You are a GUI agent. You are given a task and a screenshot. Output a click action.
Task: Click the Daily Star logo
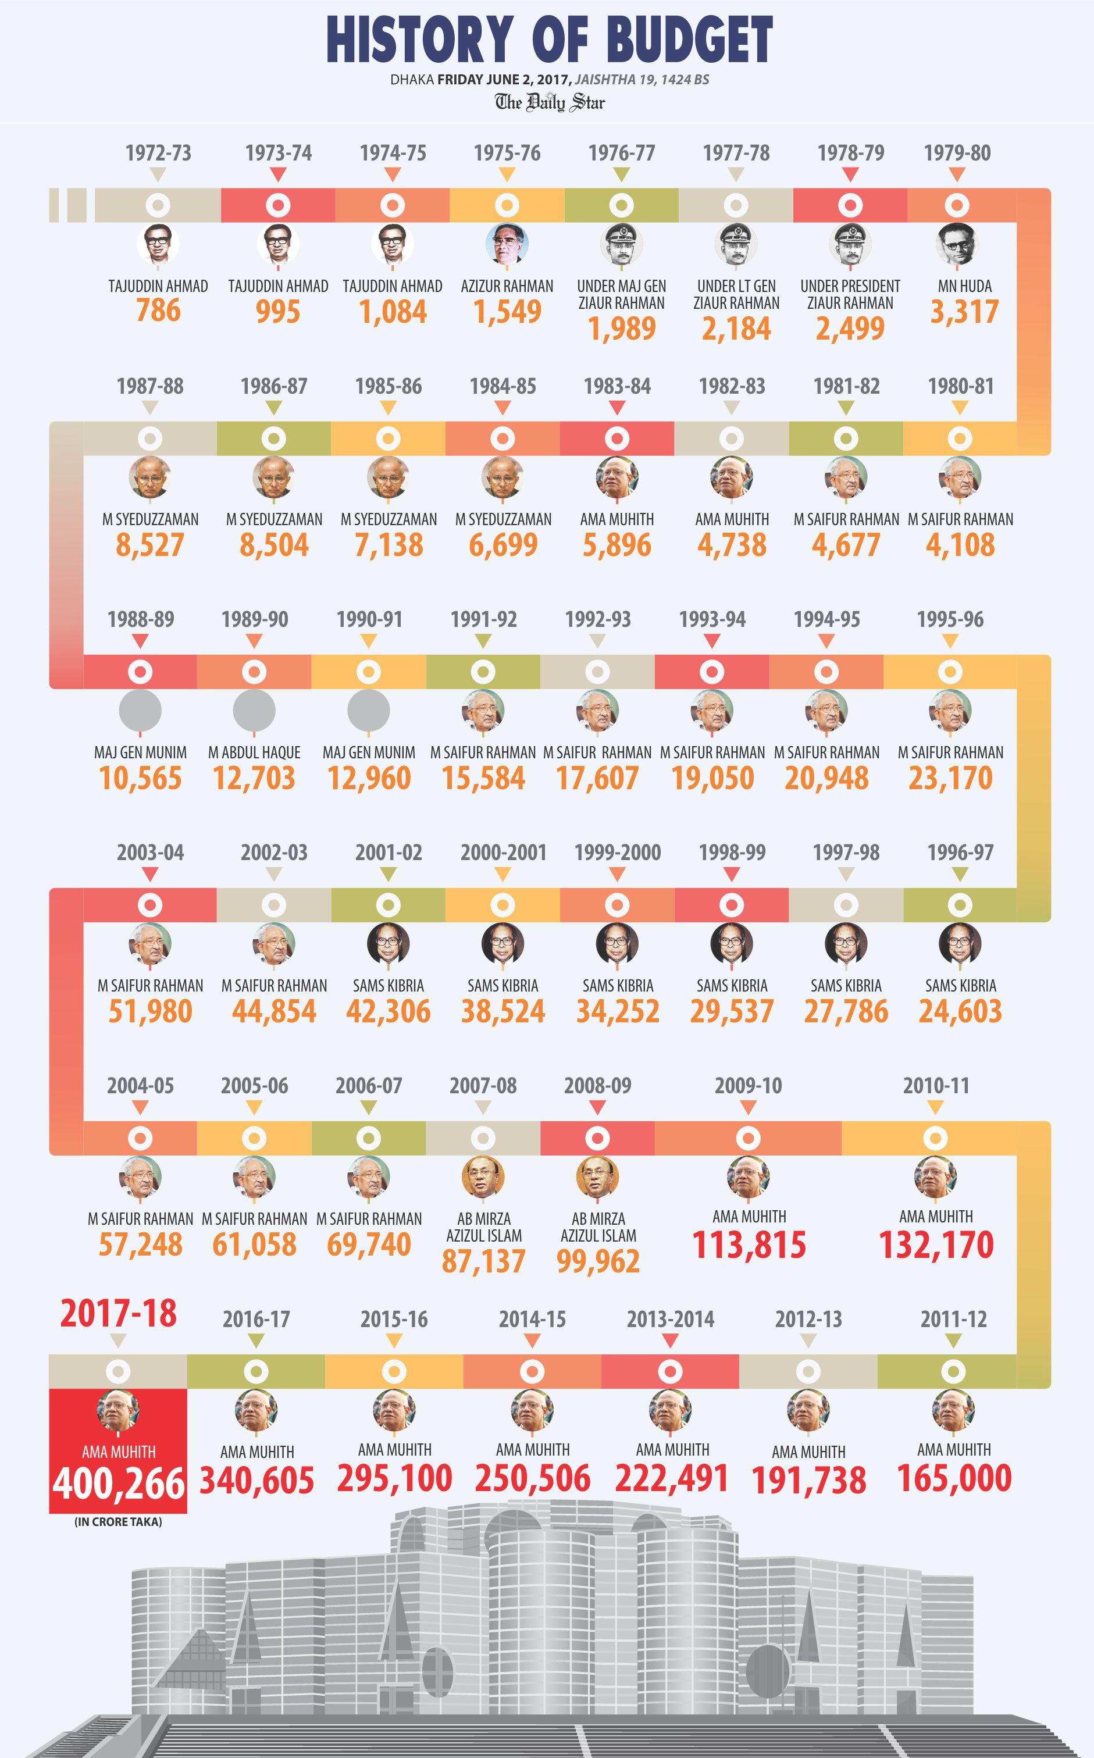(550, 102)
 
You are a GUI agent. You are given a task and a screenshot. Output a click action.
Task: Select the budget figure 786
(158, 311)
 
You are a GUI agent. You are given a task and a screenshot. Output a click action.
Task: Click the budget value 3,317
(964, 312)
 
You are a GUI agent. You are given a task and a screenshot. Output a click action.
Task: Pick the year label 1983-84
(617, 386)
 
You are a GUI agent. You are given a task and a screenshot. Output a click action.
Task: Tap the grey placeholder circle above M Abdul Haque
(254, 711)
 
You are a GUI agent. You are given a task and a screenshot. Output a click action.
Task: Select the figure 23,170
(950, 779)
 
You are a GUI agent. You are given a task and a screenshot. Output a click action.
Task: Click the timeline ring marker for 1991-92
(483, 672)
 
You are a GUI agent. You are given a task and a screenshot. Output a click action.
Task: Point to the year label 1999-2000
(617, 852)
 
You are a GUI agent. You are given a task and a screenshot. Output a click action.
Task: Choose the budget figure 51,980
(151, 1011)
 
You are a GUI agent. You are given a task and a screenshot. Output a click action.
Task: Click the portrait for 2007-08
(483, 1177)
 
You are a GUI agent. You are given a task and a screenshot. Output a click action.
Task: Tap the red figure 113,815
(749, 1245)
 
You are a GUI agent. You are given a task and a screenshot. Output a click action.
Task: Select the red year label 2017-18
(118, 1313)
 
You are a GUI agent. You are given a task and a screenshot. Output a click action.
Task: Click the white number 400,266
(119, 1485)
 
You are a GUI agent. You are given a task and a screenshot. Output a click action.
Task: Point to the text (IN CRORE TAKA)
(118, 1521)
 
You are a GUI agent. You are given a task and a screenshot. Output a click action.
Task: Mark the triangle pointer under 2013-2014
(670, 1340)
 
